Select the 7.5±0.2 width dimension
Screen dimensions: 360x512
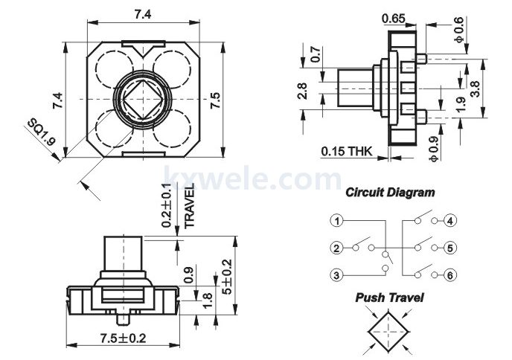click(x=124, y=338)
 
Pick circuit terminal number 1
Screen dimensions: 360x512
click(x=337, y=221)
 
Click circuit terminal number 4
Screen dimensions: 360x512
click(x=451, y=221)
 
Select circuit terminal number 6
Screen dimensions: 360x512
click(x=451, y=274)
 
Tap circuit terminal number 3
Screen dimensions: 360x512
click(x=337, y=274)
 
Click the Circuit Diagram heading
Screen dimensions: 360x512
click(x=391, y=192)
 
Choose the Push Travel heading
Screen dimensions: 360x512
click(x=390, y=298)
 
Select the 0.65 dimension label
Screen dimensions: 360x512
click(x=394, y=18)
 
